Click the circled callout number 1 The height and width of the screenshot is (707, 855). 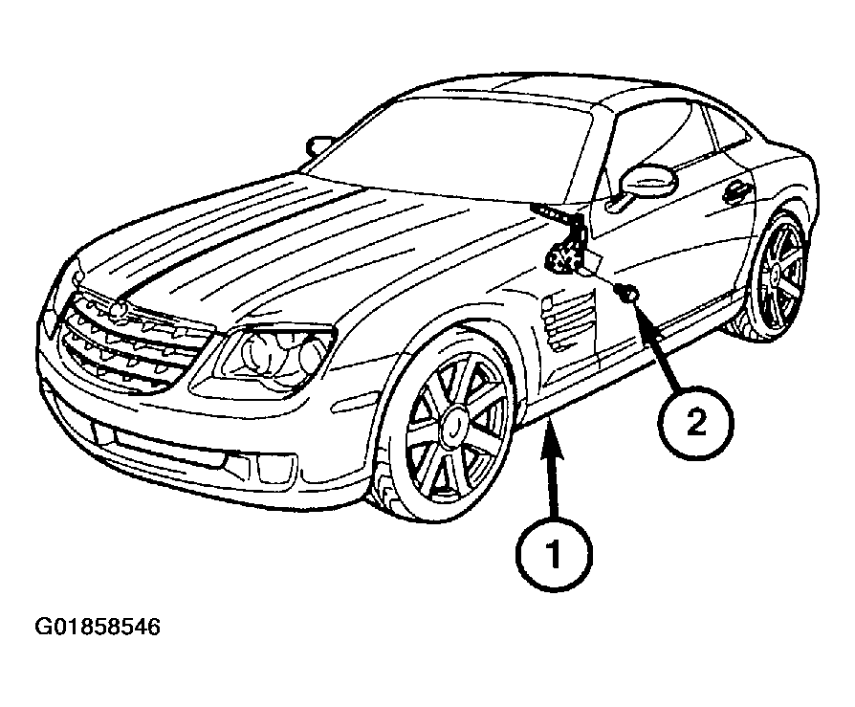(x=554, y=554)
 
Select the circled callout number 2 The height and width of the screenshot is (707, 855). (x=695, y=423)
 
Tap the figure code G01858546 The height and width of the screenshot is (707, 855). (x=98, y=627)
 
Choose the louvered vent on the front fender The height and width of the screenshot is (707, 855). (x=567, y=320)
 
